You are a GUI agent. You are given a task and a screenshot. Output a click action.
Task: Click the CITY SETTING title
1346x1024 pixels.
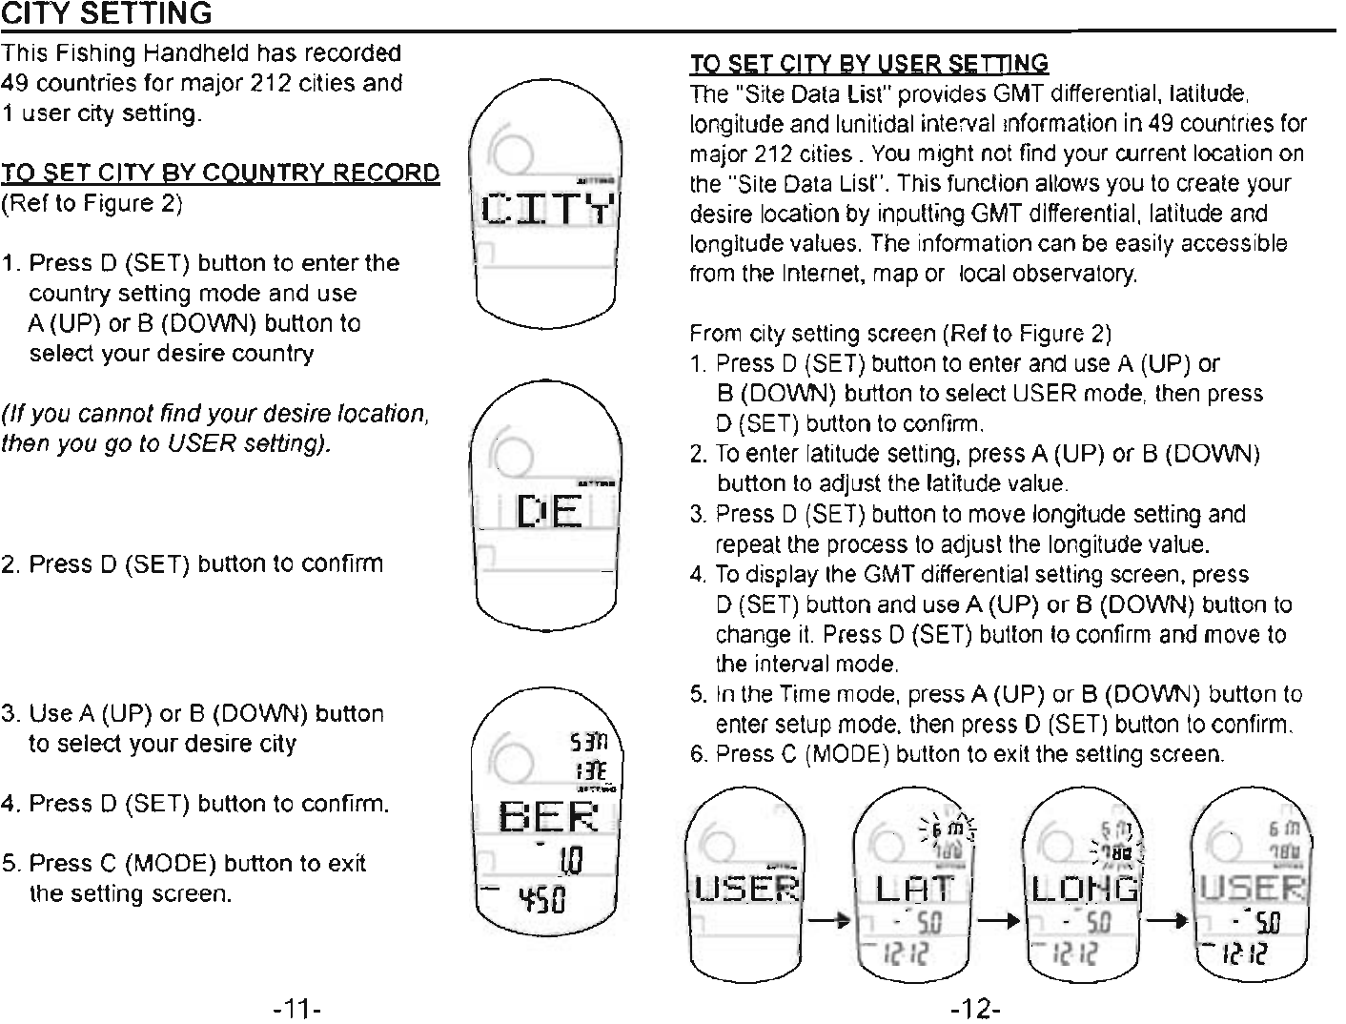[x=106, y=14]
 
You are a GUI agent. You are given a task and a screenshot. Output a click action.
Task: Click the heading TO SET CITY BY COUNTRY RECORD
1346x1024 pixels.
[x=220, y=173]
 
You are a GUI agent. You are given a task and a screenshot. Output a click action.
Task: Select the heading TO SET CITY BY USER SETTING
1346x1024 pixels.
[x=868, y=64]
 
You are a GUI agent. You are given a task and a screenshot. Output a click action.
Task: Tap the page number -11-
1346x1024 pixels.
[x=297, y=1008]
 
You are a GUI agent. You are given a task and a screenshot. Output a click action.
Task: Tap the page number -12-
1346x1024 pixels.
[x=975, y=1008]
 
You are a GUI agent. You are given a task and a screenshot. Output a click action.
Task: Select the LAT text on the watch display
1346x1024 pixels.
[x=914, y=889]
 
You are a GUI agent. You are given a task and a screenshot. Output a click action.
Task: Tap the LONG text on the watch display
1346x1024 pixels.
[x=1087, y=889]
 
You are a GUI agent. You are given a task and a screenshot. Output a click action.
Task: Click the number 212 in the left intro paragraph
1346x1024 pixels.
[x=268, y=83]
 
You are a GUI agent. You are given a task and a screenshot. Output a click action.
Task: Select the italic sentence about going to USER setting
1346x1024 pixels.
[x=215, y=428]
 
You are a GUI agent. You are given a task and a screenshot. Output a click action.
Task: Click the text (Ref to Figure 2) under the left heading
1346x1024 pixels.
[x=92, y=203]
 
